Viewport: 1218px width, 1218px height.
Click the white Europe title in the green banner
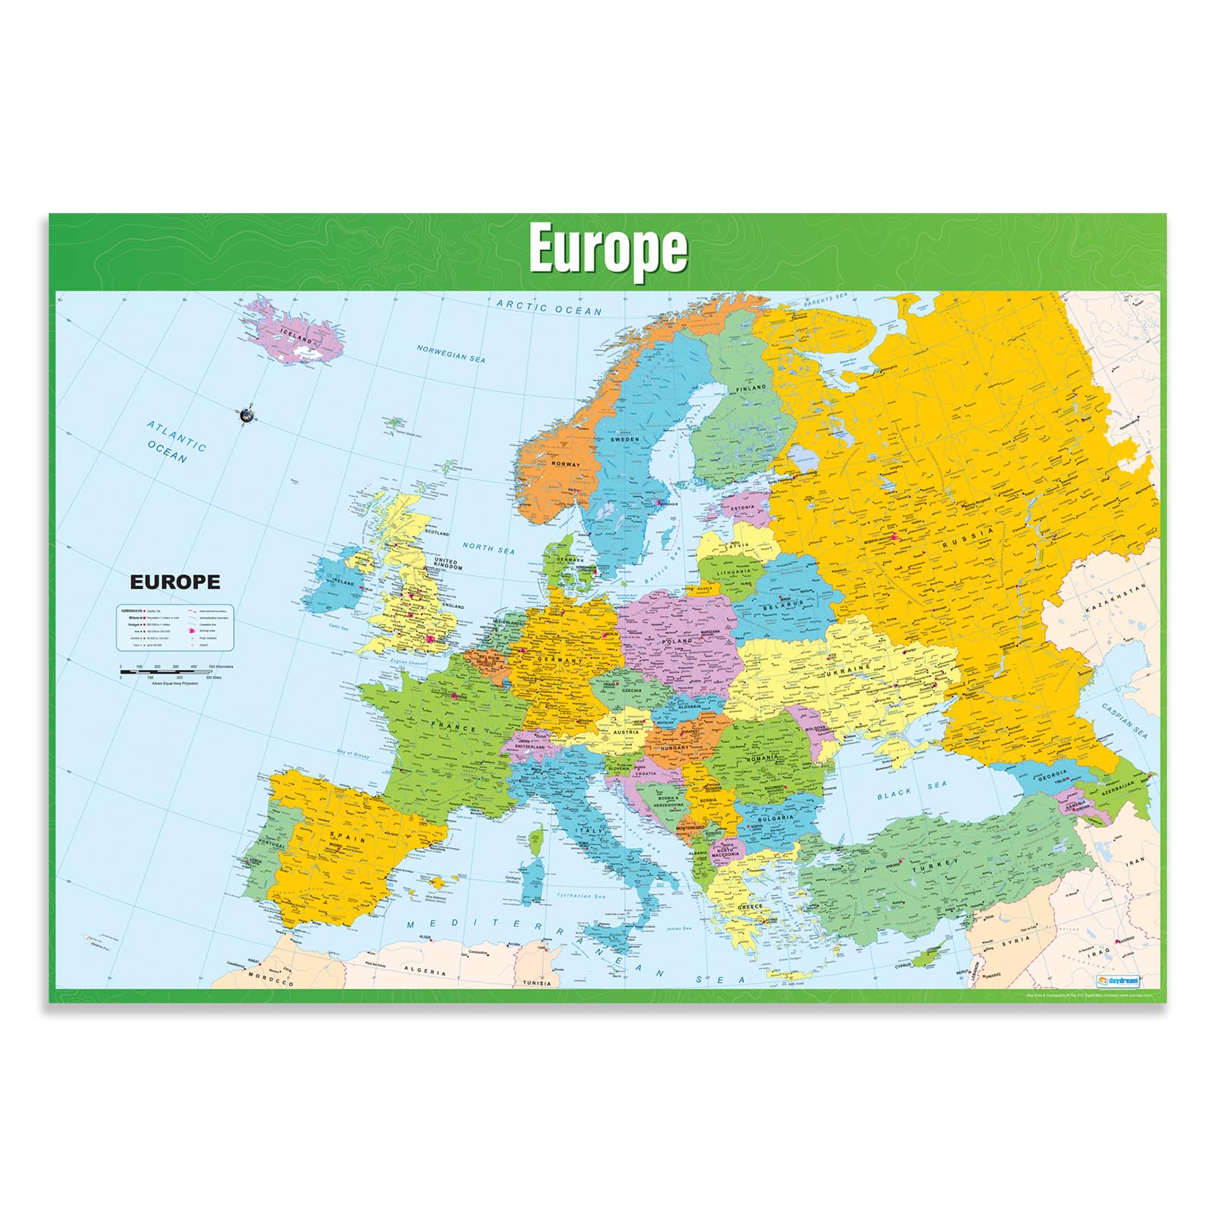[x=607, y=248]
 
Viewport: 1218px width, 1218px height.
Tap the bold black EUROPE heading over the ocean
[x=175, y=582]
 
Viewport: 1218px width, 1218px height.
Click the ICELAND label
[x=296, y=335]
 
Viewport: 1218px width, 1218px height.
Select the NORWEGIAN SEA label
[x=451, y=353]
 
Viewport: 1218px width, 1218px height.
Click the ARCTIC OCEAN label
[x=549, y=308]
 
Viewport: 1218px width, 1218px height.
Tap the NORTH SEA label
[x=489, y=548]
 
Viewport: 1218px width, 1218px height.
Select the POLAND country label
[x=677, y=641]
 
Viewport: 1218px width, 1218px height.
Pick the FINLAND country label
[x=751, y=387]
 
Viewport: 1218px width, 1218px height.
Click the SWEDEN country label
[x=625, y=439]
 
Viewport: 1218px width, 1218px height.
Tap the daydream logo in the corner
[x=1118, y=981]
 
